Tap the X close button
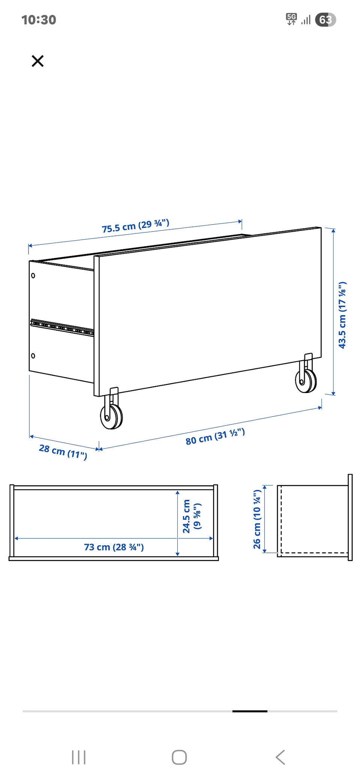(x=37, y=61)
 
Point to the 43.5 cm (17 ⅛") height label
(x=342, y=315)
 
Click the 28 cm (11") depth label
(x=63, y=451)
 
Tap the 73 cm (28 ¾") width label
(x=114, y=547)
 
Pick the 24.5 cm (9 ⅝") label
(x=192, y=516)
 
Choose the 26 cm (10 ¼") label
(x=257, y=519)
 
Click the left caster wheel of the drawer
(x=111, y=416)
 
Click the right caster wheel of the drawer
(x=306, y=381)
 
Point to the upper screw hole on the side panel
(x=33, y=276)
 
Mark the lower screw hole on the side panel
(x=33, y=355)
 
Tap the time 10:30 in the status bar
(x=39, y=20)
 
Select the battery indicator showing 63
(x=325, y=19)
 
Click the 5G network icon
(x=291, y=19)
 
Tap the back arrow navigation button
(x=280, y=757)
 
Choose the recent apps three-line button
(x=79, y=757)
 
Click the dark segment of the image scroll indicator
(x=250, y=711)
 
